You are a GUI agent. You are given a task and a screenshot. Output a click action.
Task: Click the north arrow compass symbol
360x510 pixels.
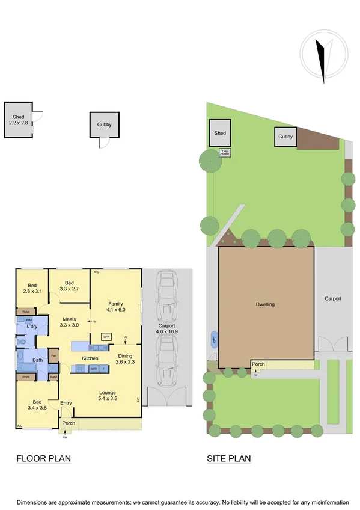tap(324, 60)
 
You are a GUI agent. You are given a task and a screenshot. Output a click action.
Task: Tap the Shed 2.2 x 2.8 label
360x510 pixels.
tap(18, 119)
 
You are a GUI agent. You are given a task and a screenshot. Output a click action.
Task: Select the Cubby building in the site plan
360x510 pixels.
tap(285, 137)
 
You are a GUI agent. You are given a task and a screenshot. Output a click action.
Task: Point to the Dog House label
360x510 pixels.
tap(225, 152)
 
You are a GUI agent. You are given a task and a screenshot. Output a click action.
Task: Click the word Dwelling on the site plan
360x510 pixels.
tap(265, 304)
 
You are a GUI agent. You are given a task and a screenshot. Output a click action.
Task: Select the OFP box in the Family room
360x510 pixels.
tap(106, 337)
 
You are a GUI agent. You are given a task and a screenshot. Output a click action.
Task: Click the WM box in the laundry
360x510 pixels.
tap(28, 320)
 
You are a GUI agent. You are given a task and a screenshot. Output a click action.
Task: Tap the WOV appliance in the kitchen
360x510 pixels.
tap(94, 369)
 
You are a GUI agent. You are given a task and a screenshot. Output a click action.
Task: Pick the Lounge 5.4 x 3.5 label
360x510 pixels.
tap(108, 396)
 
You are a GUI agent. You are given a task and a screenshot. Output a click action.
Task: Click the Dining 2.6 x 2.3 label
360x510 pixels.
tap(126, 359)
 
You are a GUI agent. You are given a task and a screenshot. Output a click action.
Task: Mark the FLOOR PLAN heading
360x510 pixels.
tap(43, 459)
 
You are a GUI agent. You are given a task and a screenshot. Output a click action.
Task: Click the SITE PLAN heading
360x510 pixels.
tap(229, 459)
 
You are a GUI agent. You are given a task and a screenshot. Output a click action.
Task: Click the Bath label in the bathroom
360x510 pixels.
tap(37, 361)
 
